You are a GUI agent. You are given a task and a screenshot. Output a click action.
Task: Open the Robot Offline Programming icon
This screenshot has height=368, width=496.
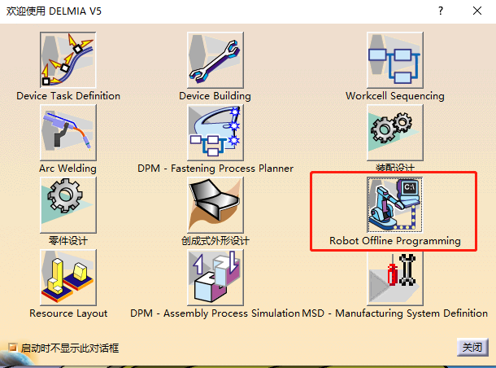point(394,204)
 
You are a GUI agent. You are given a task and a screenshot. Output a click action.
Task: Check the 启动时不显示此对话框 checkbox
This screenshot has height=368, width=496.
point(12,348)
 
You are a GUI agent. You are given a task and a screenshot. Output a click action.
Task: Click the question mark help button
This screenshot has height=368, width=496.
point(440,11)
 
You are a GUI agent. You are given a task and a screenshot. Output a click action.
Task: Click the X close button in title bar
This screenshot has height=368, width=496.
point(477,11)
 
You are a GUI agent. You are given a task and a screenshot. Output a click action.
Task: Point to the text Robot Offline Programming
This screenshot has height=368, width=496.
point(394,241)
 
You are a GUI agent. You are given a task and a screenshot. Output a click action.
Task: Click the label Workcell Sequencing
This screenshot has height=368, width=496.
point(394,96)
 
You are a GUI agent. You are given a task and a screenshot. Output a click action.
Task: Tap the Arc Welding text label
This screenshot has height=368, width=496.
point(67,169)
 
